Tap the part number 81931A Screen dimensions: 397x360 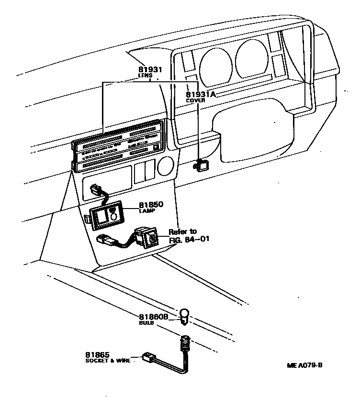tap(201, 94)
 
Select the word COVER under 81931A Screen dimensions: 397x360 tap(196, 101)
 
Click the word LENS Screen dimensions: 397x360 tap(145, 76)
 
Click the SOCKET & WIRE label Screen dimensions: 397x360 tap(108, 361)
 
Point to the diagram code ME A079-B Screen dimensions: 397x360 tap(305, 365)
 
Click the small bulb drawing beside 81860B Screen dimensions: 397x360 tap(184, 315)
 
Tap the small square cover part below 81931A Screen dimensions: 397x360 tap(202, 165)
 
